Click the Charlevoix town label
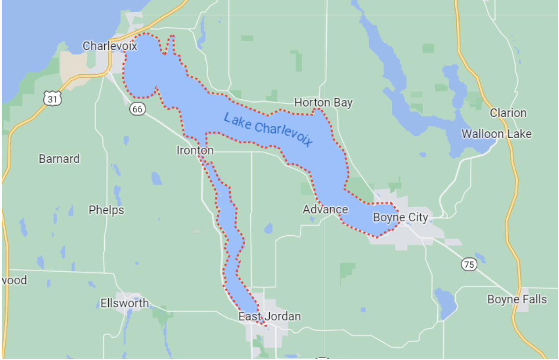110,45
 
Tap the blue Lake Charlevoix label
268,130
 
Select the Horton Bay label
323,103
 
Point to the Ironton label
195,151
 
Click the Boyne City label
400,217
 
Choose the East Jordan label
269,316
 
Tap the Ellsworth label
124,303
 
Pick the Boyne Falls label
517,299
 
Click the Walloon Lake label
496,134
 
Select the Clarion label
508,113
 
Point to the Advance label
325,209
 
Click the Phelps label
106,210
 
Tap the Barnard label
59,159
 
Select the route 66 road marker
138,109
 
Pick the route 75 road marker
469,264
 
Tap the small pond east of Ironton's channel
268,229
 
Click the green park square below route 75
348,272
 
